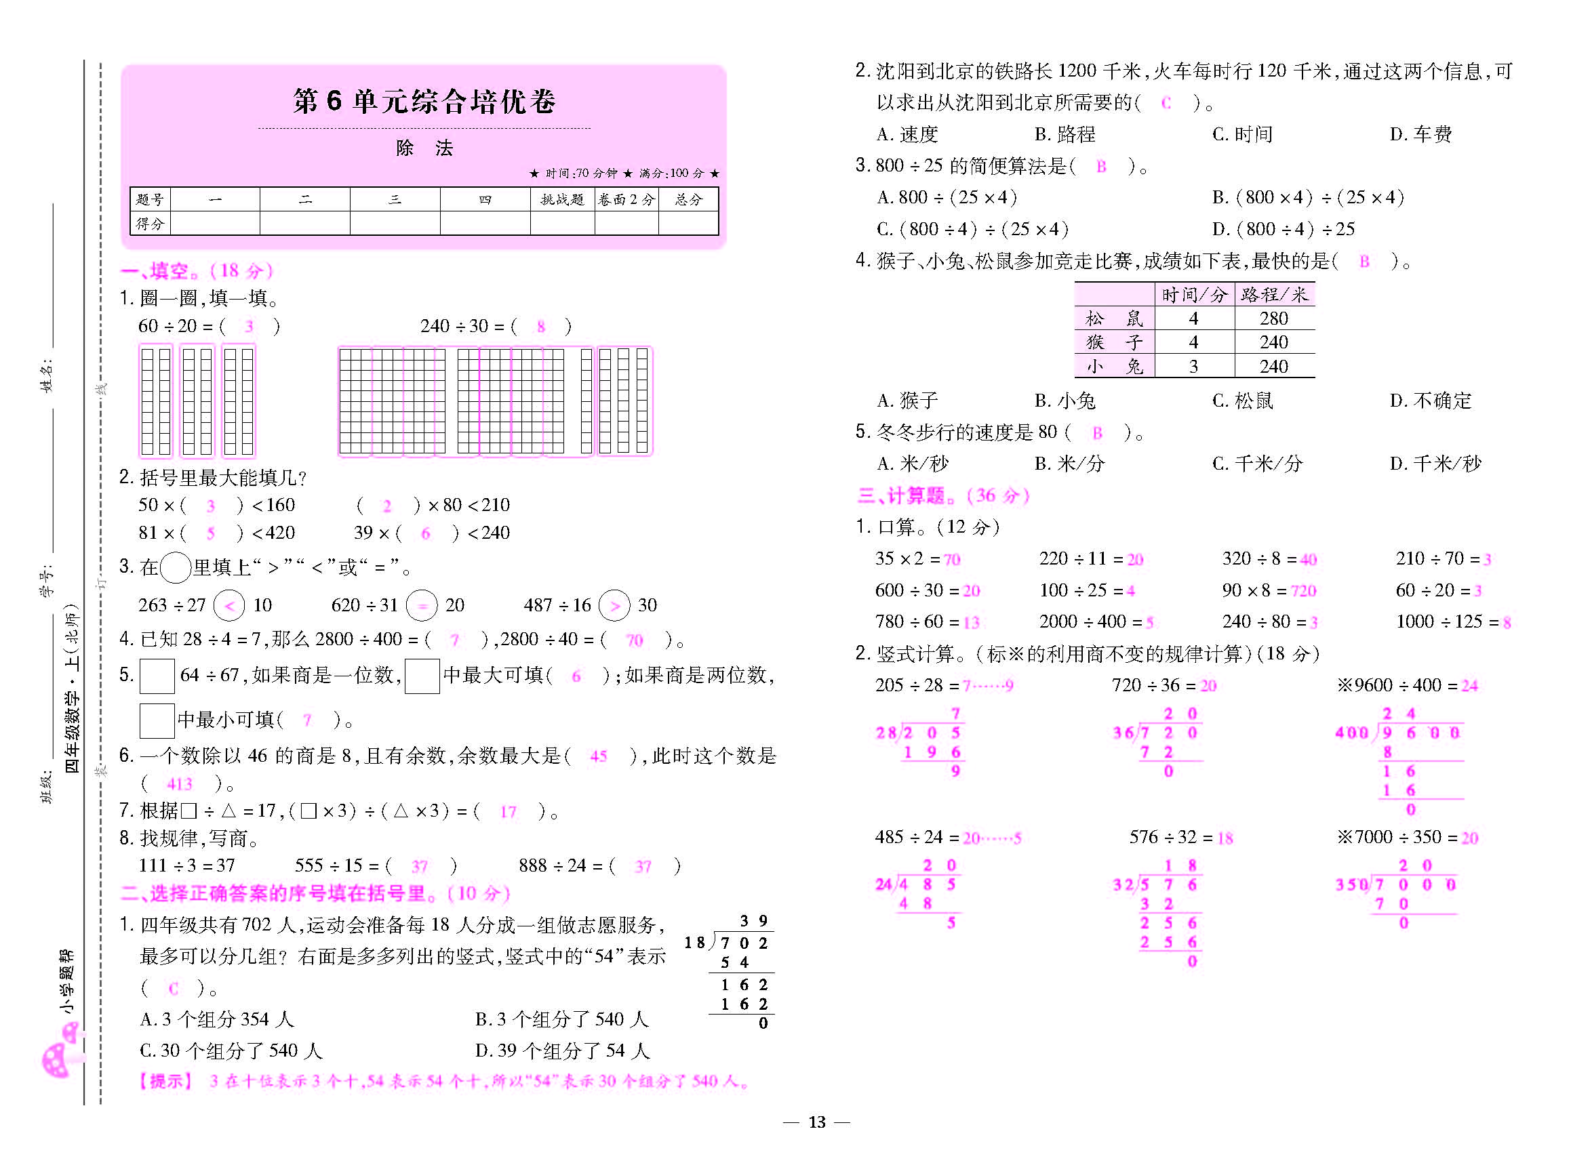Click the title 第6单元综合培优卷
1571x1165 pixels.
tap(424, 101)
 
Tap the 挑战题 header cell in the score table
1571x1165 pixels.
tap(562, 199)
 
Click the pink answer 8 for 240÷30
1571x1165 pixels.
tap(541, 327)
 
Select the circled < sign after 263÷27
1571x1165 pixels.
tap(229, 605)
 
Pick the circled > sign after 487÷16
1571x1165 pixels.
tap(614, 605)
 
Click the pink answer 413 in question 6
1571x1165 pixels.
tap(179, 783)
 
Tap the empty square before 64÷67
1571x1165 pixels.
tap(157, 676)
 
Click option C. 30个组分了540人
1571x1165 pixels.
tap(231, 1050)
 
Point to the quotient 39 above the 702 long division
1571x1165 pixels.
tap(753, 921)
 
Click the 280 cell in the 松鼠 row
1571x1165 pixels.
tap(1273, 319)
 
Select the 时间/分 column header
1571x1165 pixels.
tap(1194, 295)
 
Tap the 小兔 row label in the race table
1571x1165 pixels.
tap(1114, 367)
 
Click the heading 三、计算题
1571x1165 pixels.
tap(942, 496)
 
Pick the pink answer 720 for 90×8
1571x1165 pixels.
tap(1303, 591)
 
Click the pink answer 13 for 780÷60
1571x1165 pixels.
tap(972, 623)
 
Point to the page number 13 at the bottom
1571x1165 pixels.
tap(817, 1122)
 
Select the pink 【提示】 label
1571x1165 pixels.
tap(165, 1081)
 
